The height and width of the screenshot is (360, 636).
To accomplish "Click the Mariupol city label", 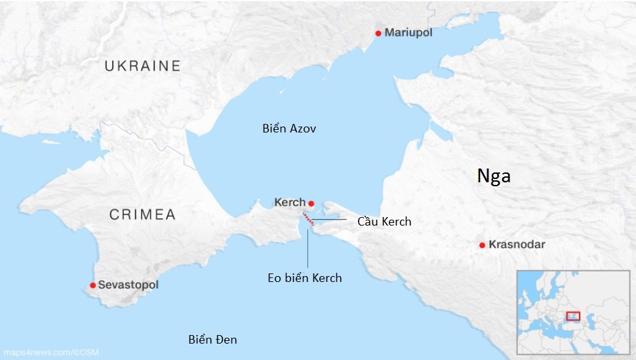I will [x=408, y=33].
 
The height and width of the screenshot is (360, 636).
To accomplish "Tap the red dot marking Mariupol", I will [x=378, y=33].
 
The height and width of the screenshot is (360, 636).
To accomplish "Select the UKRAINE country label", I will [x=142, y=66].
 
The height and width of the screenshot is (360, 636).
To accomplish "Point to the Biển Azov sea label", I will [x=289, y=129].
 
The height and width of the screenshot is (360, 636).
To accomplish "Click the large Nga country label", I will [x=494, y=176].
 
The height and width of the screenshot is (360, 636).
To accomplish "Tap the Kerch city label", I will [x=290, y=203].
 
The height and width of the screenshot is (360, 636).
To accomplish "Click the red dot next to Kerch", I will [x=311, y=203].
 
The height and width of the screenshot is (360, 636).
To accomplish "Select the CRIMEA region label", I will [x=142, y=214].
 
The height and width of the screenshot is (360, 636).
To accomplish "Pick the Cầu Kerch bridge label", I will [x=384, y=221].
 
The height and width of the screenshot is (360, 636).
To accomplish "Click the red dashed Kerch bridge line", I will [x=308, y=219].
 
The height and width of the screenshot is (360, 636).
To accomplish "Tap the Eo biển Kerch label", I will [x=305, y=277].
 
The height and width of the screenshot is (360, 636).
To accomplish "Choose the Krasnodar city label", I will [x=517, y=245].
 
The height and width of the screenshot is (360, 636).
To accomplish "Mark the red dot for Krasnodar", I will [x=483, y=245].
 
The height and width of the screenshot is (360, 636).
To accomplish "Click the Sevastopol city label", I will [x=128, y=285].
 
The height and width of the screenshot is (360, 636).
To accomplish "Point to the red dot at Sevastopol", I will [x=93, y=285].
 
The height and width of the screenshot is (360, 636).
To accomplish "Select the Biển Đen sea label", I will [x=212, y=339].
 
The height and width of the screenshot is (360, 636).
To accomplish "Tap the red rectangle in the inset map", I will [x=573, y=316].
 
